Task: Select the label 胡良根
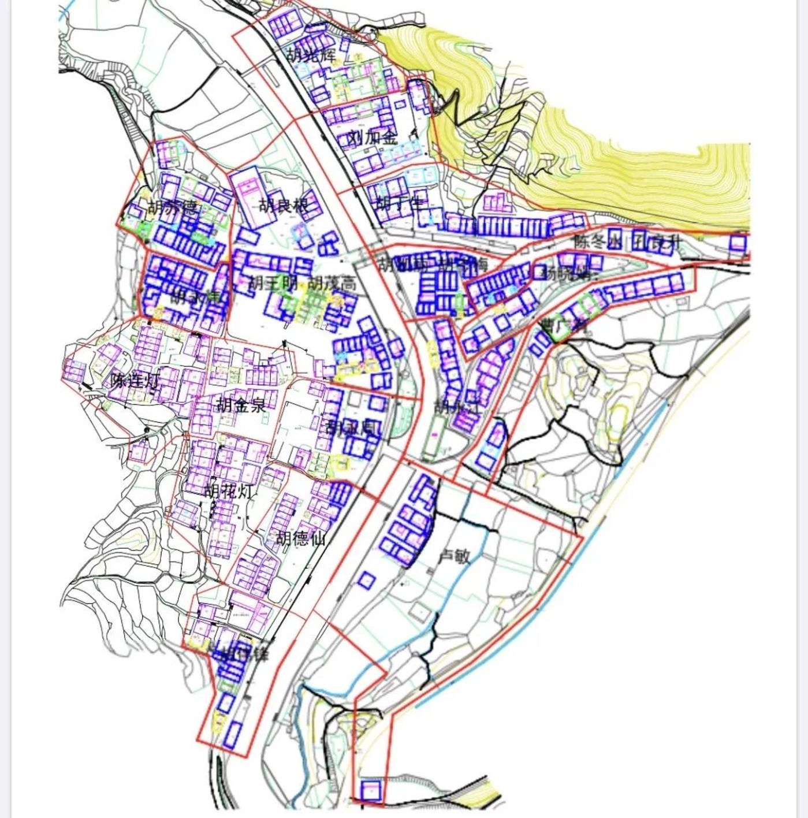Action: (x=282, y=206)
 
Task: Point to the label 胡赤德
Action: (x=173, y=207)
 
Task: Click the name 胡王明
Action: (x=273, y=284)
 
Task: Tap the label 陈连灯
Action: (x=135, y=381)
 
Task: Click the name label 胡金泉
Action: (x=241, y=404)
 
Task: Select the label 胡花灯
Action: (x=229, y=492)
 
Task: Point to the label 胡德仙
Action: (x=300, y=538)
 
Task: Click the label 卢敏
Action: (x=455, y=556)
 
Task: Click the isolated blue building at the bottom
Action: (x=370, y=790)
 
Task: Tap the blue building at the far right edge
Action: (x=739, y=243)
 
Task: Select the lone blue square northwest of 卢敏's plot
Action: (x=365, y=580)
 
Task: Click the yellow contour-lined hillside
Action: (x=635, y=173)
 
